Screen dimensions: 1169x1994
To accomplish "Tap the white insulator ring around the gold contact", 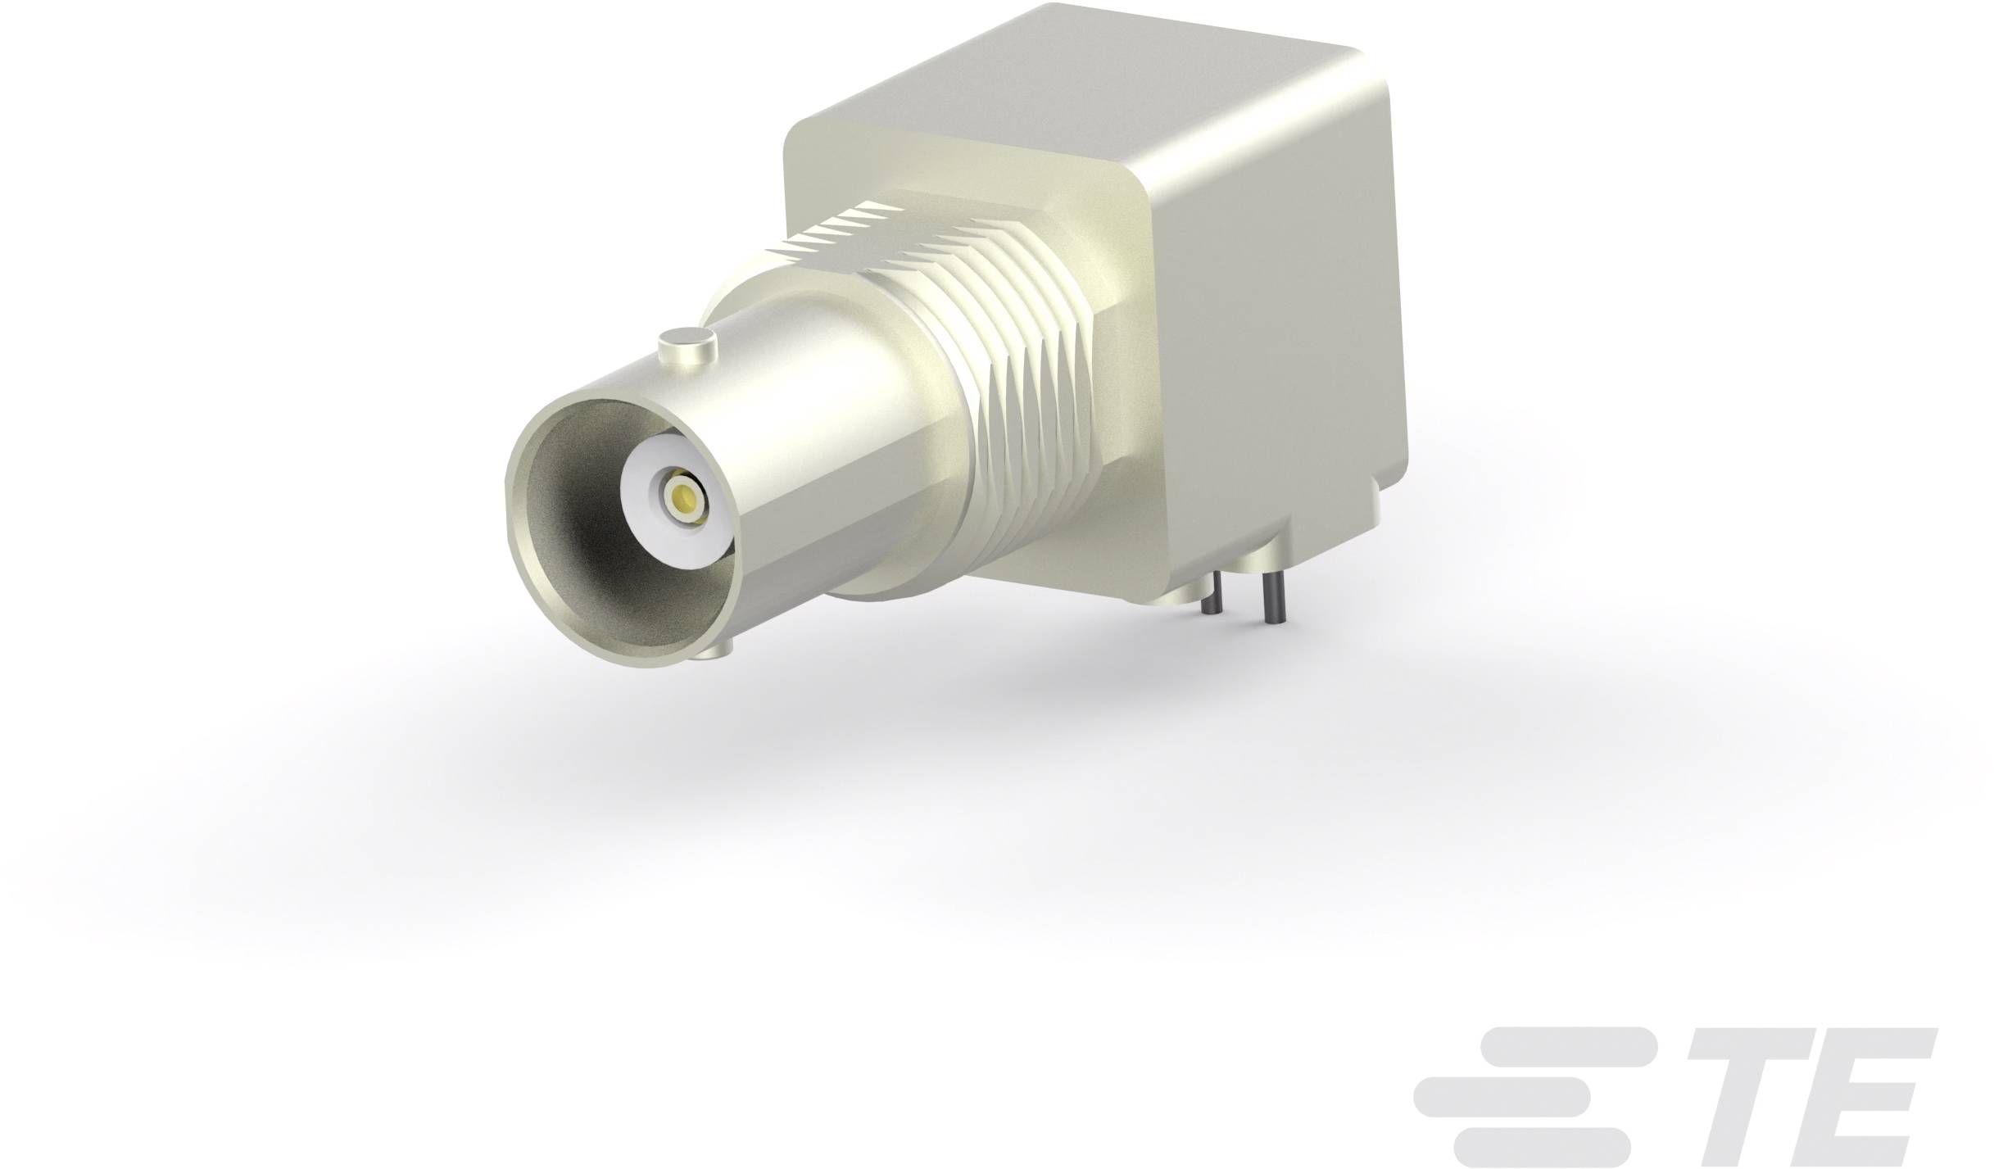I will (647, 524).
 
